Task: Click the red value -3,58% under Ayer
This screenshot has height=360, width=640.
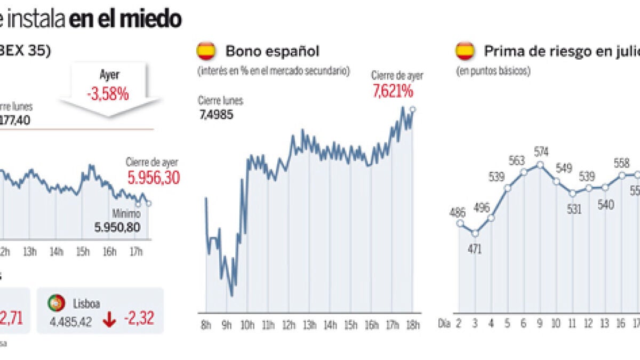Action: tap(108, 94)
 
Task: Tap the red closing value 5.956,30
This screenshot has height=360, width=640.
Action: tap(153, 178)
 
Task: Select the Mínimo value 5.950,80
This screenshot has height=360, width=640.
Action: tap(118, 228)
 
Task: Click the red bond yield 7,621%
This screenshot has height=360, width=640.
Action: tap(393, 92)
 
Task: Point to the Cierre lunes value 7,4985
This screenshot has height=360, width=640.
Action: tap(216, 115)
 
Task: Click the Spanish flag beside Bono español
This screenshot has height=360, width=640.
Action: tap(206, 51)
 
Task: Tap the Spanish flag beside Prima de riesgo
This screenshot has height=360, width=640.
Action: tap(465, 51)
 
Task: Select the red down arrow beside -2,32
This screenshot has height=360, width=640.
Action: tap(110, 319)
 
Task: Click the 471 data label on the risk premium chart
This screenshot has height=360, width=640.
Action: tap(474, 249)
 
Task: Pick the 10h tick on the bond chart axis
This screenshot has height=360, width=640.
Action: tap(247, 325)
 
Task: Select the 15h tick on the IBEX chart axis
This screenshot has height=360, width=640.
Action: tap(83, 252)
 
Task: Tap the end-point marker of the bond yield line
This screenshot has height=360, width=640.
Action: tap(413, 109)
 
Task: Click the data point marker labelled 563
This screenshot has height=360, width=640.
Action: tap(524, 172)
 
